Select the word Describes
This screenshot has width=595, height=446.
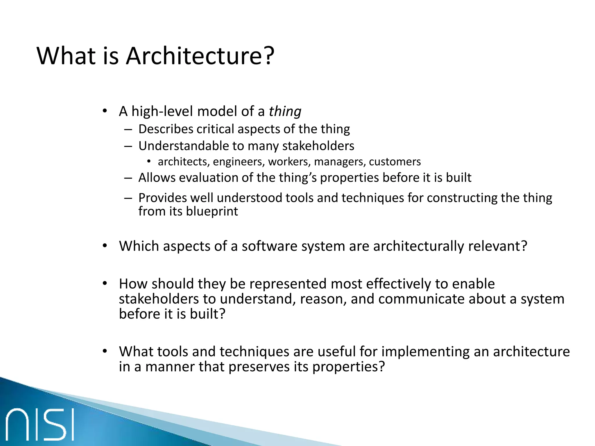coord(166,129)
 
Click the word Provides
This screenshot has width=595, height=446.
coord(162,198)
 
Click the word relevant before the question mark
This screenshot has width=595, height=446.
coord(494,246)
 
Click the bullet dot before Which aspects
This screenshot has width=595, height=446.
coord(105,246)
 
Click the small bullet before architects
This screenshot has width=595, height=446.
coord(149,161)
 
